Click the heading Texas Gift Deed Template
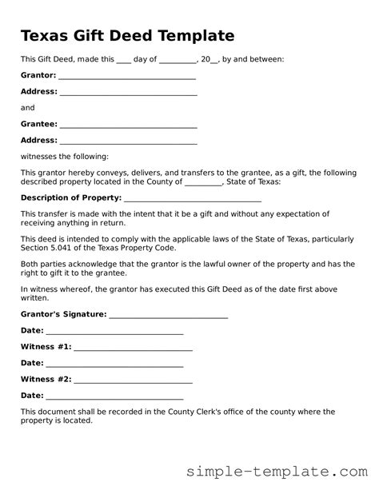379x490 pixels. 127,36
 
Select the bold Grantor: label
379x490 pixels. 38,75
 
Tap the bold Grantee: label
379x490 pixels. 38,124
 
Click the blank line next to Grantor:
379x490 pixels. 127,77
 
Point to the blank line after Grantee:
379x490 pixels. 129,125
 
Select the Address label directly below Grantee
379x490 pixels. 38,140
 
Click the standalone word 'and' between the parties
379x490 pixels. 27,107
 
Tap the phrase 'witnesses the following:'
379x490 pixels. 64,156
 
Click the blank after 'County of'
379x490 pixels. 203,182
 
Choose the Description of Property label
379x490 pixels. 66,197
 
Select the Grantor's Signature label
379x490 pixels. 63,314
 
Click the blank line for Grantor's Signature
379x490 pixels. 169,316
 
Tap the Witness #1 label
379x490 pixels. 46,346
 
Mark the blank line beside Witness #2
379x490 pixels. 134,380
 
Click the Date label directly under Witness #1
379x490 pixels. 31,362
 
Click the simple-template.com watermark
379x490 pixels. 293,472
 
